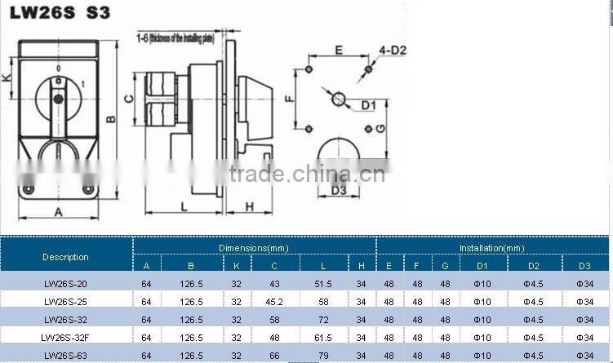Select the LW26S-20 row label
pyautogui.click(x=65, y=283)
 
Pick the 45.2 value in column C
pyautogui.click(x=275, y=301)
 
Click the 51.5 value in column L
pyautogui.click(x=323, y=283)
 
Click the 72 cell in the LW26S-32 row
pyautogui.click(x=323, y=320)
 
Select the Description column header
pyautogui.click(x=65, y=256)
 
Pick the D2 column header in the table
pyautogui.click(x=534, y=265)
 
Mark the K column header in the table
pyautogui.click(x=237, y=265)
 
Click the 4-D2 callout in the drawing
pyautogui.click(x=393, y=51)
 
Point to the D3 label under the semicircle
pyautogui.click(x=340, y=191)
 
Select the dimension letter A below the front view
pyautogui.click(x=58, y=212)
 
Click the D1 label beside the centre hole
pyautogui.click(x=369, y=104)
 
